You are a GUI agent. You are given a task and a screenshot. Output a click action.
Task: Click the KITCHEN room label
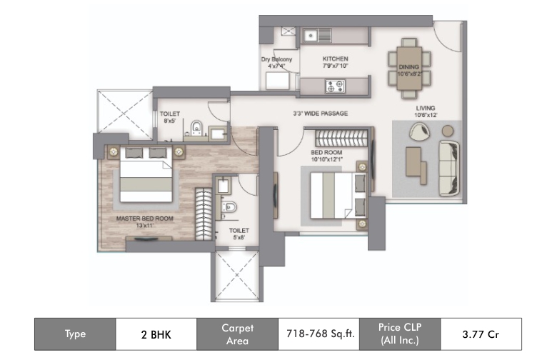pos(334,62)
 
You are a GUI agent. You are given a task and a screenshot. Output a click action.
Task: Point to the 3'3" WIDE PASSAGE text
pos(320,114)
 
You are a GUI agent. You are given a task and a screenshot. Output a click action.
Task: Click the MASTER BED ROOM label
pos(145,221)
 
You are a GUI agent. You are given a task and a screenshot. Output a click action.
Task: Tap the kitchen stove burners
pos(333,87)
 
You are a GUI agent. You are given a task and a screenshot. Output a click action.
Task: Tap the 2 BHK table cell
pos(155,334)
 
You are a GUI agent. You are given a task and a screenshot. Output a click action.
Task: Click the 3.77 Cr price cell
pos(481,334)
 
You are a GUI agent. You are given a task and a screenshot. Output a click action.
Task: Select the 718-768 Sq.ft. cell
pos(318,334)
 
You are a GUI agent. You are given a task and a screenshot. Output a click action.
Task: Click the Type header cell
pos(75,334)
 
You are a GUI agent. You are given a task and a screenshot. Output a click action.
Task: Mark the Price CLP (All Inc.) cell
pos(400,334)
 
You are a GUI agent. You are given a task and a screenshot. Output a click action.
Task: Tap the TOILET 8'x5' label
pos(169,117)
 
